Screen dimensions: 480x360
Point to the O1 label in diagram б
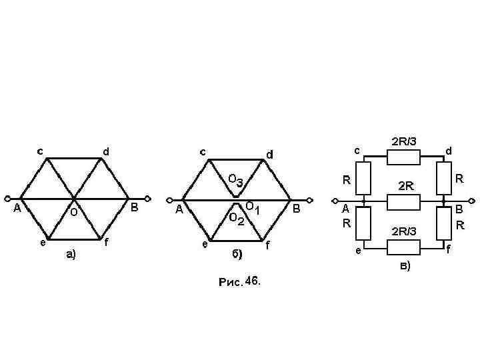point(252,207)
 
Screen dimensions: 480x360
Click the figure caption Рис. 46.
point(241,282)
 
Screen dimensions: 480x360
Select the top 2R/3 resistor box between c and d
point(404,157)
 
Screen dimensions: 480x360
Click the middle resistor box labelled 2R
point(404,201)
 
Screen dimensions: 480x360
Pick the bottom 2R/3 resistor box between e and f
point(404,247)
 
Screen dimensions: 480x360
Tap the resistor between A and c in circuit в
point(364,179)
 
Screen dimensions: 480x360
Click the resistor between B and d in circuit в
point(443,179)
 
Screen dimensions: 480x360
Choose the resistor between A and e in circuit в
point(364,223)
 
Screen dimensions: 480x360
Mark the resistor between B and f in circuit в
point(443,223)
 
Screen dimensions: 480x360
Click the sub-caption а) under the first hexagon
point(70,254)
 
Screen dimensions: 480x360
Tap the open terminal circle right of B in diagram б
point(309,199)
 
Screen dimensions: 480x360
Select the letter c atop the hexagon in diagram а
point(40,151)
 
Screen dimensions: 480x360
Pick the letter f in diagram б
point(267,245)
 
